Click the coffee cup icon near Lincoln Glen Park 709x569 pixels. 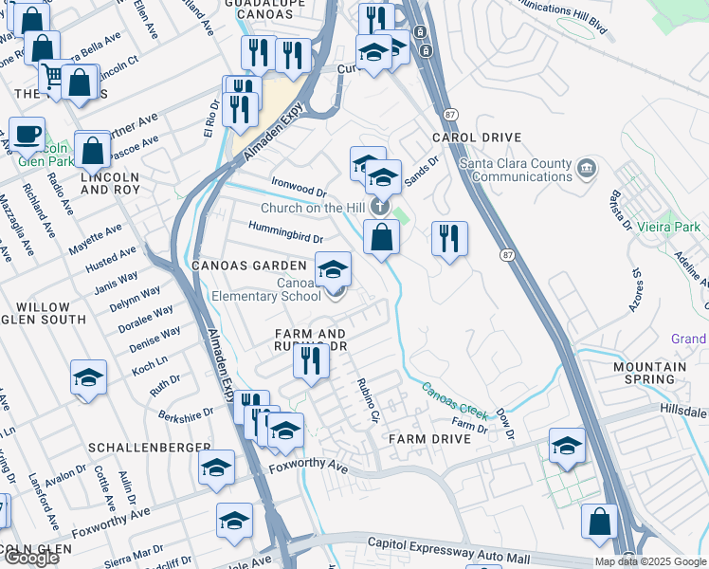(27, 133)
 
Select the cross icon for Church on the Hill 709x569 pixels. (379, 206)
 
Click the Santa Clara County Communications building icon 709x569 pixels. (587, 170)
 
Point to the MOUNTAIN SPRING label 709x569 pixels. (649, 373)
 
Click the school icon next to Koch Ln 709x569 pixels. (88, 377)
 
